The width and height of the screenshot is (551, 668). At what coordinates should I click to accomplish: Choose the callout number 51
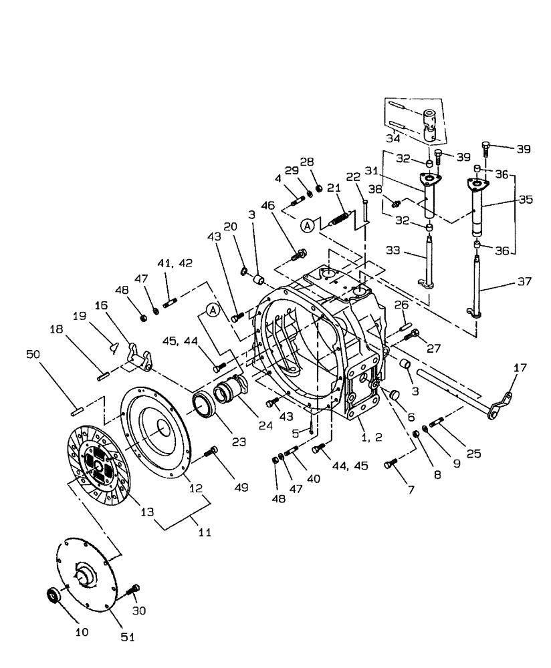coord(128,637)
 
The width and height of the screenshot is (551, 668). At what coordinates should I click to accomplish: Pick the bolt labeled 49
coord(213,452)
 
